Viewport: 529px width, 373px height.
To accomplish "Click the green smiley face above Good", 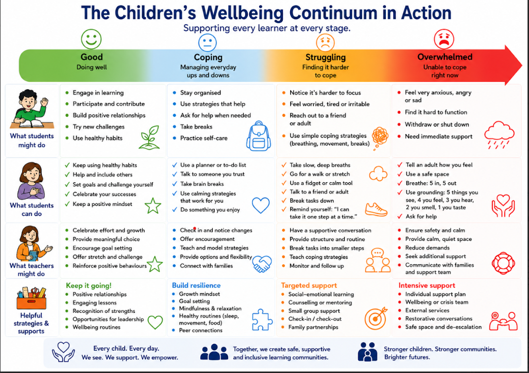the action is click(x=91, y=39).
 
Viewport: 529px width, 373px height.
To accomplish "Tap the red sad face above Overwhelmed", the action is click(x=444, y=39).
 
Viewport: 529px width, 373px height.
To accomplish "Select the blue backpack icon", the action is click(x=259, y=136).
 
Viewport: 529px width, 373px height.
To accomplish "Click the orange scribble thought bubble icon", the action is click(x=380, y=137).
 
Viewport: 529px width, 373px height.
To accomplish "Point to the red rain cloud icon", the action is click(x=499, y=135).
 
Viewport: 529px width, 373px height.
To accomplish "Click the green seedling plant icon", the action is click(x=149, y=137).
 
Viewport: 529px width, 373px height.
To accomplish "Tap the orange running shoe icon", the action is click(x=376, y=209).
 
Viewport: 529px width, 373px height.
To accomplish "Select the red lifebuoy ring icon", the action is click(x=503, y=263).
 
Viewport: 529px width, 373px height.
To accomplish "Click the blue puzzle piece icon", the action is click(x=262, y=319).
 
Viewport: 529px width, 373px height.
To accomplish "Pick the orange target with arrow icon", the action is click(x=376, y=318).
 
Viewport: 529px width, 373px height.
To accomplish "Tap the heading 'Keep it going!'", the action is click(x=89, y=285).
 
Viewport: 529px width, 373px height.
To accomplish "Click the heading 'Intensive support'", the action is click(x=427, y=285).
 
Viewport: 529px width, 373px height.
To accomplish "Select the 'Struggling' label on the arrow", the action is click(x=326, y=57).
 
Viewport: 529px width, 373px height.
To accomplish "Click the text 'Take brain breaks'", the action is click(x=202, y=184).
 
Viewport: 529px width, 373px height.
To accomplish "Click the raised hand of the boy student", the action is click(x=44, y=101).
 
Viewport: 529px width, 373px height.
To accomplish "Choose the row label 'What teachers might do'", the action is click(x=32, y=270).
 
